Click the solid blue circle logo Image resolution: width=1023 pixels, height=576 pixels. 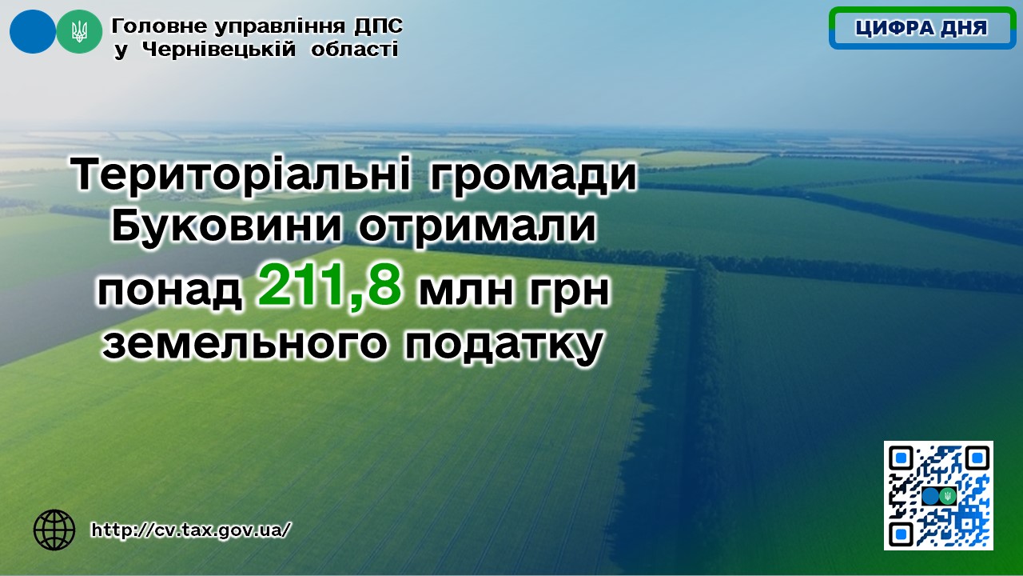click(33, 31)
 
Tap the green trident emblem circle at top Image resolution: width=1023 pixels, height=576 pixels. click(79, 31)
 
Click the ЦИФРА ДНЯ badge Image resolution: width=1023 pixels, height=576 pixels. click(922, 28)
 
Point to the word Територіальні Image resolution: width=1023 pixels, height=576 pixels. click(241, 174)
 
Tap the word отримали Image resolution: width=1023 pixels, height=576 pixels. click(477, 227)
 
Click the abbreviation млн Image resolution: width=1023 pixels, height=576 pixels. click(466, 291)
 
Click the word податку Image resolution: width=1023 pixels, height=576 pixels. click(503, 346)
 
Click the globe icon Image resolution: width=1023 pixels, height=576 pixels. click(54, 530)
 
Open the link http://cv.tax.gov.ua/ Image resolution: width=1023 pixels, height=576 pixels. click(190, 530)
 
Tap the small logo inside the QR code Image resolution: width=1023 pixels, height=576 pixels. click(939, 495)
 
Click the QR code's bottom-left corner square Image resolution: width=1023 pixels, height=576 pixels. click(901, 533)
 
